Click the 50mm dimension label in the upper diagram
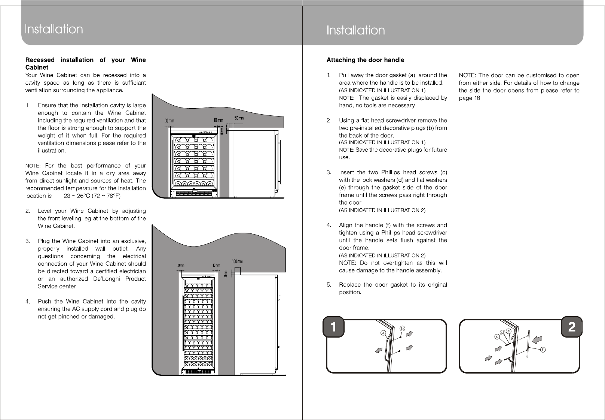[239, 118]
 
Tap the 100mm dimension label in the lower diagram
[237, 261]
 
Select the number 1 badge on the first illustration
[334, 327]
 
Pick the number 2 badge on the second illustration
[571, 327]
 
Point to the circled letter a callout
[383, 333]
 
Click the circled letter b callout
[403, 328]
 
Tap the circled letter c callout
[497, 337]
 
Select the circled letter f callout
[542, 350]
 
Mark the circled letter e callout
[509, 331]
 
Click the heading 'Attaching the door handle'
[365, 60]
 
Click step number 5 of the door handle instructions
[329, 285]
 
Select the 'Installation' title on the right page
[355, 30]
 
